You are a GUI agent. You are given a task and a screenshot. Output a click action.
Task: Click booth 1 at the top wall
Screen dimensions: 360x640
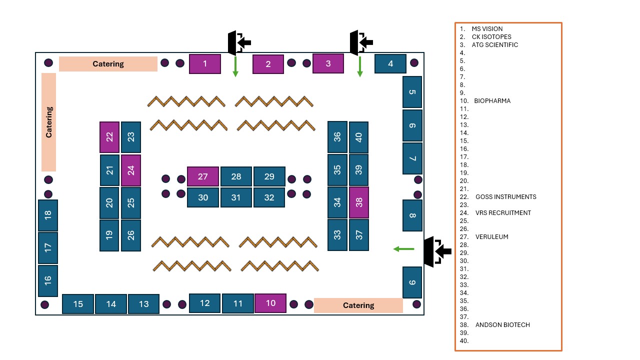[205, 64]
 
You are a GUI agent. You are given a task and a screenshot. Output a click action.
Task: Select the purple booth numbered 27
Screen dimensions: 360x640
[202, 176]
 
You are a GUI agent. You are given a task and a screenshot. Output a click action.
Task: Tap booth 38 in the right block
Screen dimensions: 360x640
[359, 202]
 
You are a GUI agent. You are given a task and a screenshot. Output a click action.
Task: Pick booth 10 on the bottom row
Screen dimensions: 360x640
[270, 303]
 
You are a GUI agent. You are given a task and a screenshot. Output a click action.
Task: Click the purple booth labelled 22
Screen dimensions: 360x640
[109, 137]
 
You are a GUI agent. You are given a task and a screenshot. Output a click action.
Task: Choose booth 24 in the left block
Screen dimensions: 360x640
[131, 170]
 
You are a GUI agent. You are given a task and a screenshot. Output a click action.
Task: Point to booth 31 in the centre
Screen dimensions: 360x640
[236, 197]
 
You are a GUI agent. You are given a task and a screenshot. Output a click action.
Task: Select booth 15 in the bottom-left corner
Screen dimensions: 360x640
[78, 304]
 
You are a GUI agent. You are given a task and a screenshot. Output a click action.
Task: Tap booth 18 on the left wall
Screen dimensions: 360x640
[48, 215]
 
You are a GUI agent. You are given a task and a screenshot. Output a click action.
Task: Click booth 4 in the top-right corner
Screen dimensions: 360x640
[390, 64]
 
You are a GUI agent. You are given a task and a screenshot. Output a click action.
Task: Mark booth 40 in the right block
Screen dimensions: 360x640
[358, 137]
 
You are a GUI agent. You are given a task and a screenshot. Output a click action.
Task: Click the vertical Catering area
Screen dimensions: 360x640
[48, 122]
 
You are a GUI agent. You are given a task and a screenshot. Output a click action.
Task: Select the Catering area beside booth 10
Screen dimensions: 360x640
[358, 305]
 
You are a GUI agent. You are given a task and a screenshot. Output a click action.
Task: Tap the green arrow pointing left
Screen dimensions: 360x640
[403, 249]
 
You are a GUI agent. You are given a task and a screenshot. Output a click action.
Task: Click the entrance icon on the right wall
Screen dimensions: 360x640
[436, 251]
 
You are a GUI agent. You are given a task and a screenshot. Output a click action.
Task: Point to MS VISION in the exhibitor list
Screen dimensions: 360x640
[487, 29]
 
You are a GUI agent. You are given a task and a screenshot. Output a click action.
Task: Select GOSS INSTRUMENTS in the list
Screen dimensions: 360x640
[505, 197]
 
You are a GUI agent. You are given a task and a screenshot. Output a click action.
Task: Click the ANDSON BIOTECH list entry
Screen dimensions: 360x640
[502, 325]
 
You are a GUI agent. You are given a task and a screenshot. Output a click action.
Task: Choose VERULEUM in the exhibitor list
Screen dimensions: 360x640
[491, 237]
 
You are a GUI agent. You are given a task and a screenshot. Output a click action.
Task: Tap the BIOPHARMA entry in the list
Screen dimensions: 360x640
[492, 101]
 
